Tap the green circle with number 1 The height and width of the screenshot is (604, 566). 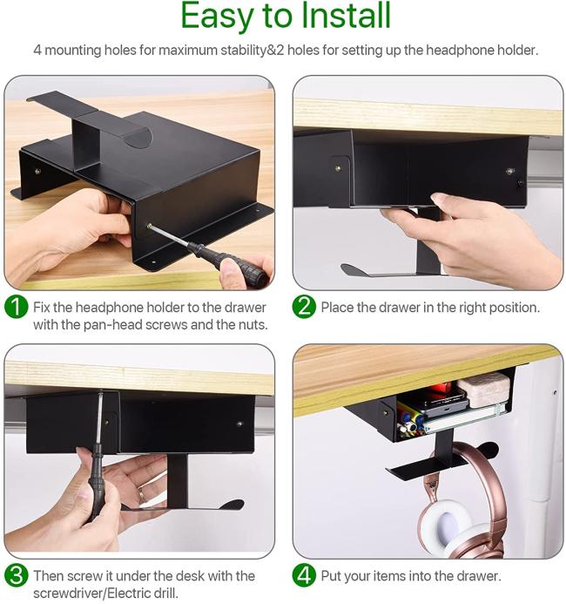point(17,307)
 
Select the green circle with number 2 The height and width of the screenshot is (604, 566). point(304,307)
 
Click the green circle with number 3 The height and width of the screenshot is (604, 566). point(17,576)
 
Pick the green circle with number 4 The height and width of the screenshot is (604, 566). point(304,576)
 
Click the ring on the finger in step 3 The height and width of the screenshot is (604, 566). point(142,494)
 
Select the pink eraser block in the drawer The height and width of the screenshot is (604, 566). point(483,389)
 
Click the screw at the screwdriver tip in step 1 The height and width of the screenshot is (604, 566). point(149,226)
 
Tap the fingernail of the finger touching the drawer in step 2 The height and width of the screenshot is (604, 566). point(438,199)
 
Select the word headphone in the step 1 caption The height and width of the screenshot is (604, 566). point(109,308)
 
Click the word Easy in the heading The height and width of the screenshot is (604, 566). point(217,17)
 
